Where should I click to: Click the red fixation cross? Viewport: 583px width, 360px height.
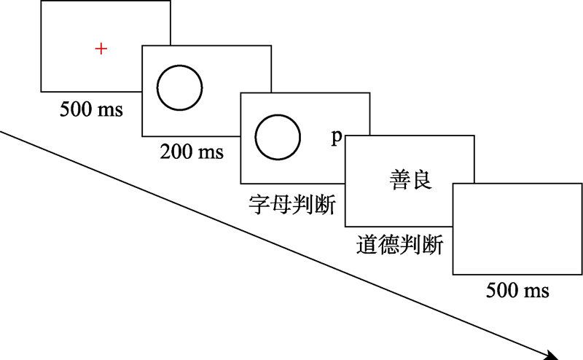coord(101,49)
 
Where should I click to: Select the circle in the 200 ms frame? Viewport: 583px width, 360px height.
coord(180,85)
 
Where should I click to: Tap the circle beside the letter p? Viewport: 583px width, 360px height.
coord(278,137)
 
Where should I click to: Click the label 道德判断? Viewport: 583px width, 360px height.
coord(400,244)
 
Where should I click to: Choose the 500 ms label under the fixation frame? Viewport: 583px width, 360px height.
coord(92,111)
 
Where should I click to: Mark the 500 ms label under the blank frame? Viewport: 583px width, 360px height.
coord(517,291)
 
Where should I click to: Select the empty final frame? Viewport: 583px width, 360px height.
coord(517,229)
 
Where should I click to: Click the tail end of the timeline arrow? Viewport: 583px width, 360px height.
coord(2,132)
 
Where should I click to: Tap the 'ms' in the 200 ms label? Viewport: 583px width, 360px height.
coord(211,152)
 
